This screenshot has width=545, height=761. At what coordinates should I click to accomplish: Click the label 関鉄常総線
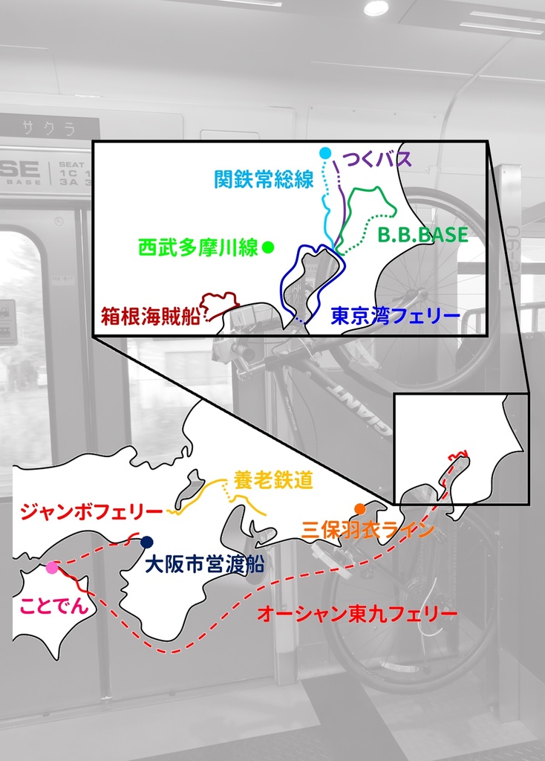[264, 179]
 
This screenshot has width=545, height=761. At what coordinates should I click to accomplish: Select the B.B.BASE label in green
[422, 235]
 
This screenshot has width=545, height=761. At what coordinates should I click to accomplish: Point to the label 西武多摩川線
[198, 247]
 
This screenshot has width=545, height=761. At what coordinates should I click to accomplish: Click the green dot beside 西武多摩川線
[268, 247]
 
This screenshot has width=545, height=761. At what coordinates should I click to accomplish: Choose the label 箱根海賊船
[151, 316]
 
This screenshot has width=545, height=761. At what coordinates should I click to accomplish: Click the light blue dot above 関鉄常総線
[324, 153]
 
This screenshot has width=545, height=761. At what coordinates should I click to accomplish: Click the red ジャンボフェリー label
[92, 512]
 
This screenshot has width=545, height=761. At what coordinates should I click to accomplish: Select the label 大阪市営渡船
[204, 564]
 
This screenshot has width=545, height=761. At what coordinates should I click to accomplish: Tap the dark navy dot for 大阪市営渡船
[147, 542]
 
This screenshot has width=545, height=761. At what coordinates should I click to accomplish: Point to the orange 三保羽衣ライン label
[368, 530]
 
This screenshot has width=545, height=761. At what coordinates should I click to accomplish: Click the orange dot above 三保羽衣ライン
[360, 509]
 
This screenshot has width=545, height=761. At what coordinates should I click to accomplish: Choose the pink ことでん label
[55, 605]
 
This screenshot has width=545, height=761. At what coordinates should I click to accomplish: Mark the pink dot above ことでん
[51, 569]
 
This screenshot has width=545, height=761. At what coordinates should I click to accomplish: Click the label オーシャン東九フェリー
[356, 615]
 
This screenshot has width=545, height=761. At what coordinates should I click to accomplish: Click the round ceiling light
[376, 8]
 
